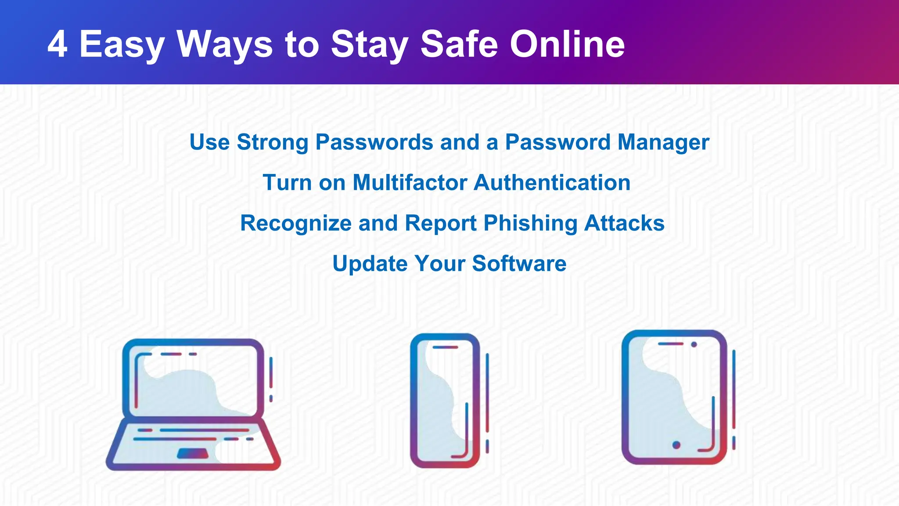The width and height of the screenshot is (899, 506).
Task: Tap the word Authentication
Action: coord(552,182)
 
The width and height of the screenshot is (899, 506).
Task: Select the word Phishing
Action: coord(530,224)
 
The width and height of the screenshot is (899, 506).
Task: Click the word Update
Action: coord(370,264)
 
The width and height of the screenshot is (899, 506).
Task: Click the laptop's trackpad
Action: coord(192,453)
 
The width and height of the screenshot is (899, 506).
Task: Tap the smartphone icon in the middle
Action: coord(445,400)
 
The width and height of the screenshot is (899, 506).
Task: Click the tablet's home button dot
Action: coord(676,445)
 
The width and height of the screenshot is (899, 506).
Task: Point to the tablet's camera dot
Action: coord(694,344)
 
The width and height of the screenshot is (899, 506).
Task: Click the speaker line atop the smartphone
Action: coord(445,347)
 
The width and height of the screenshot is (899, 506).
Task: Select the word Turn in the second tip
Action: coord(287,182)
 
